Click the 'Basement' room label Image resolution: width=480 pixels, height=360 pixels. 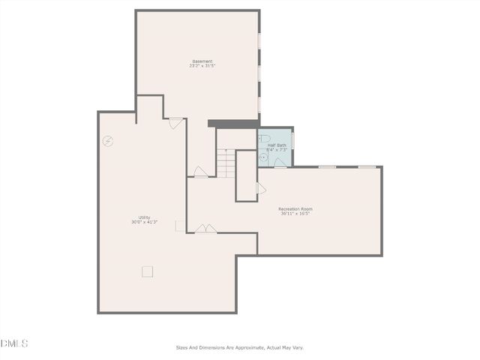tap(202, 61)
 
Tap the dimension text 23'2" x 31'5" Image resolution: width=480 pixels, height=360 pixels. tap(202, 66)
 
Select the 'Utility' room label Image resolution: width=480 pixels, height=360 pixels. tap(144, 217)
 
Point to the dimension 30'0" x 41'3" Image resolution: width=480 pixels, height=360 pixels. tap(144, 222)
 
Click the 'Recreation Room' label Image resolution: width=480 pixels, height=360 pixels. tap(295, 208)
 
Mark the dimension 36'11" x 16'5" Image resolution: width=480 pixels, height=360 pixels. tap(295, 213)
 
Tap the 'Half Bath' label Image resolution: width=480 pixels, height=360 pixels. tap(277, 145)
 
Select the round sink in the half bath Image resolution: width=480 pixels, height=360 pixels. tap(263, 157)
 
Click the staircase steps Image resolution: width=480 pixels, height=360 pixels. tap(226, 163)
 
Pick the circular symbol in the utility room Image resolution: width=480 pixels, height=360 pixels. tap(108, 141)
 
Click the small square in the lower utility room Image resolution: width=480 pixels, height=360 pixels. tap(147, 271)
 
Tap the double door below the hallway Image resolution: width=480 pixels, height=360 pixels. tap(205, 229)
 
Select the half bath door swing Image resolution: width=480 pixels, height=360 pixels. tap(280, 163)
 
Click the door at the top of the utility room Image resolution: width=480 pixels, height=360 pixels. tap(175, 123)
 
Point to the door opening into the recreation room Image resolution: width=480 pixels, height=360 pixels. tap(261, 188)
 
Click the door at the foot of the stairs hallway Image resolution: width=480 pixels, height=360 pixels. tap(200, 172)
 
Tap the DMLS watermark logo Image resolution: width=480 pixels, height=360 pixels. tap(14, 343)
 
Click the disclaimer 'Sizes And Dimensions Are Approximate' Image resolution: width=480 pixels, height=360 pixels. tap(240, 347)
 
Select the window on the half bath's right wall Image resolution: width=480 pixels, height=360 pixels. tap(292, 140)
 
